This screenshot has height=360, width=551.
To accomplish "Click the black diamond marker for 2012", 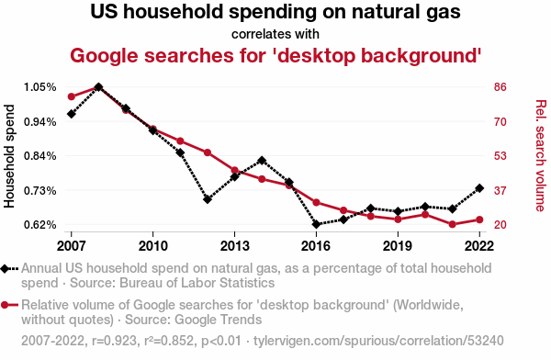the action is click(x=208, y=199).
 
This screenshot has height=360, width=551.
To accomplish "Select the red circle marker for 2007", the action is click(x=72, y=96).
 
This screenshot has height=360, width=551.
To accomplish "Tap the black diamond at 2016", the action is click(x=316, y=224).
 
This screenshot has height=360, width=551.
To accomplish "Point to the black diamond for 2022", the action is click(x=479, y=188).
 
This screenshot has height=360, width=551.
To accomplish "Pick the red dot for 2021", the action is click(x=452, y=224).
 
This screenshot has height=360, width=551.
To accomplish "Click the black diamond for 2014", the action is click(x=262, y=161).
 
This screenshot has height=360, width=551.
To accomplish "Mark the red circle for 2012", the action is click(x=208, y=152).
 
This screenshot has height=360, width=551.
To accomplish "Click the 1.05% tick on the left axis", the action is click(x=40, y=87).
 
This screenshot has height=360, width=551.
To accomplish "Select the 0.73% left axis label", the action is click(x=40, y=191).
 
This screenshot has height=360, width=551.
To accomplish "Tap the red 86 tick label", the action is click(x=500, y=87).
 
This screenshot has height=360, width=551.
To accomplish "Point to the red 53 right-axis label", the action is click(x=500, y=156).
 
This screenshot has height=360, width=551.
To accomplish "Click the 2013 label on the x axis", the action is click(x=234, y=246).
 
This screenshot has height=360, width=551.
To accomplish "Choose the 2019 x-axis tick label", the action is click(x=398, y=246).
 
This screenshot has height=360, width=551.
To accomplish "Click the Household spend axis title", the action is click(x=9, y=156).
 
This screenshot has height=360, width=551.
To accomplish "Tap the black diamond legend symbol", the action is click(x=9, y=269).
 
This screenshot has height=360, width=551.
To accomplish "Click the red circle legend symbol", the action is click(x=9, y=305).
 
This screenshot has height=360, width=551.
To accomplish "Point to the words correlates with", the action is click(x=275, y=35).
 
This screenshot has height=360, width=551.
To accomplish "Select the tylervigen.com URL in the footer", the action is click(x=378, y=341).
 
